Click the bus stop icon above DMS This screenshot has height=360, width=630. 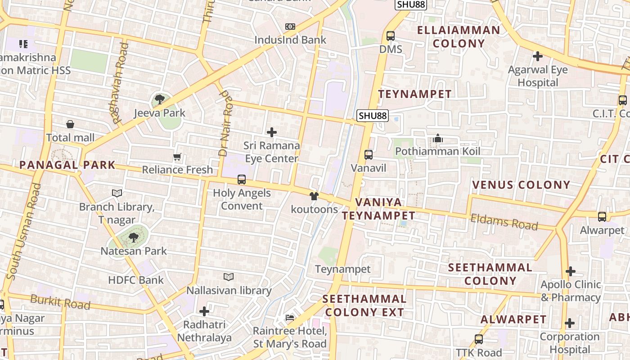(390, 36)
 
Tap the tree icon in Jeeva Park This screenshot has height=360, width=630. (159, 99)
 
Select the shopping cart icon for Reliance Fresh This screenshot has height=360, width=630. (177, 157)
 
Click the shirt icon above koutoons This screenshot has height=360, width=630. (314, 196)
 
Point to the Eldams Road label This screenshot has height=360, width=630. (504, 222)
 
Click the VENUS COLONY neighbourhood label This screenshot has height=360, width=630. (521, 185)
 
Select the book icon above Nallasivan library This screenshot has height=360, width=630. (229, 277)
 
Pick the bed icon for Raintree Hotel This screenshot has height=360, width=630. (290, 318)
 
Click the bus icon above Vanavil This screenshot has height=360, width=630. (369, 155)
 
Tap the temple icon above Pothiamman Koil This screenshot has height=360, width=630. (437, 139)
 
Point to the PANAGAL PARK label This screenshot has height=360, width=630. (67, 165)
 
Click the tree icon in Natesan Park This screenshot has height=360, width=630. (133, 238)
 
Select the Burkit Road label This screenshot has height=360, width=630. (60, 301)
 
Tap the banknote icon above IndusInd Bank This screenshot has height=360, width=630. (290, 27)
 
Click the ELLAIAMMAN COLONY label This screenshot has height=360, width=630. (459, 37)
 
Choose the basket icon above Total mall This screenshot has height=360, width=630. (70, 124)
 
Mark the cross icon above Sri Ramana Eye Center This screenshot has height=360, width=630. (272, 132)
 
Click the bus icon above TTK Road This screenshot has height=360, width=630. (479, 339)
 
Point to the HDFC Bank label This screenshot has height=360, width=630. (136, 280)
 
